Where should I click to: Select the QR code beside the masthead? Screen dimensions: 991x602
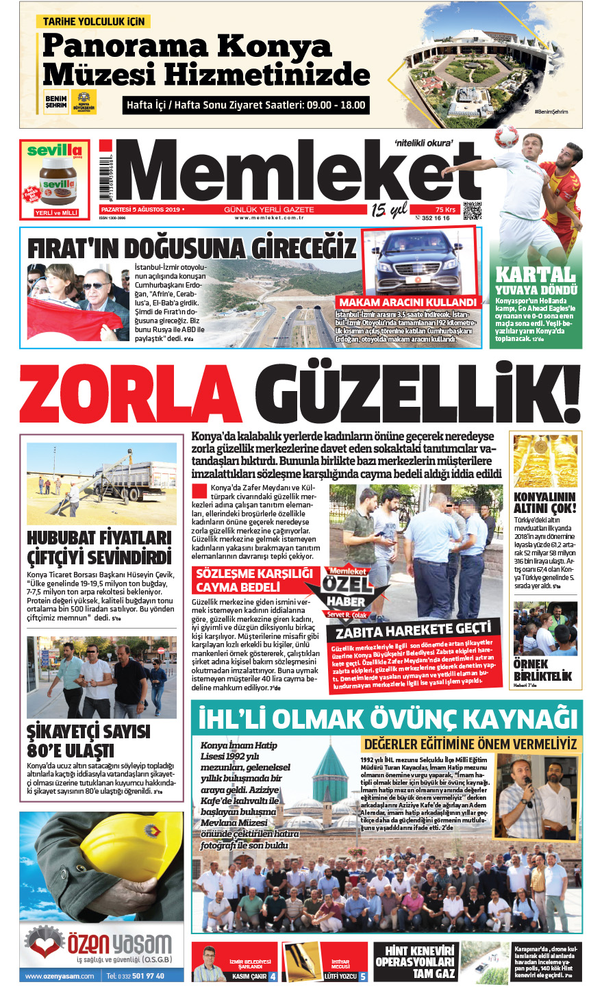(x=472, y=212)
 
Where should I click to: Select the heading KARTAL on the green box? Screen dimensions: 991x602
(x=535, y=274)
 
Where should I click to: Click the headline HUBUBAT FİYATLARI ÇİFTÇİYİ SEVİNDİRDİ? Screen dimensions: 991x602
(x=99, y=546)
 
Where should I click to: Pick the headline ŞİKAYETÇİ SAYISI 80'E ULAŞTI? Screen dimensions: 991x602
(x=88, y=740)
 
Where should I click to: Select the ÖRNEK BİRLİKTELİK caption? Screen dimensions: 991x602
(x=542, y=669)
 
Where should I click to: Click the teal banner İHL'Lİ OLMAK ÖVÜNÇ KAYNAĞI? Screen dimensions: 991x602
(x=388, y=718)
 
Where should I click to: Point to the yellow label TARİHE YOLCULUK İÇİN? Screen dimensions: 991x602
(x=94, y=22)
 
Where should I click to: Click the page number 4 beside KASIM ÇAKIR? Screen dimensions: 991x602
(x=273, y=977)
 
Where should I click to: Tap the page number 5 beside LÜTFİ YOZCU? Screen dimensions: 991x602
(x=363, y=977)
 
